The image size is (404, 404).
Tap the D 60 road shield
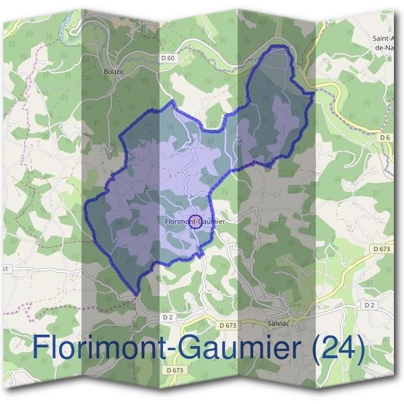168,59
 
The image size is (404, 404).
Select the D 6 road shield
384,137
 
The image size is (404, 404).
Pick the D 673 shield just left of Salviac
228,325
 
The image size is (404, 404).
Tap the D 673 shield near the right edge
381,249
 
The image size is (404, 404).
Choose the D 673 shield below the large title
174,370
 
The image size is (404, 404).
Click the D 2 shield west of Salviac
168,316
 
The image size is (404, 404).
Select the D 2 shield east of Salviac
368,305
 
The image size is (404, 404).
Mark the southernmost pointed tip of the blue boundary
137,295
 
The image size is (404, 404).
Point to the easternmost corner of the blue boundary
314,94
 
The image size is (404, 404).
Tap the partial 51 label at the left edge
4,269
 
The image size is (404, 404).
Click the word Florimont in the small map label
176,220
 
